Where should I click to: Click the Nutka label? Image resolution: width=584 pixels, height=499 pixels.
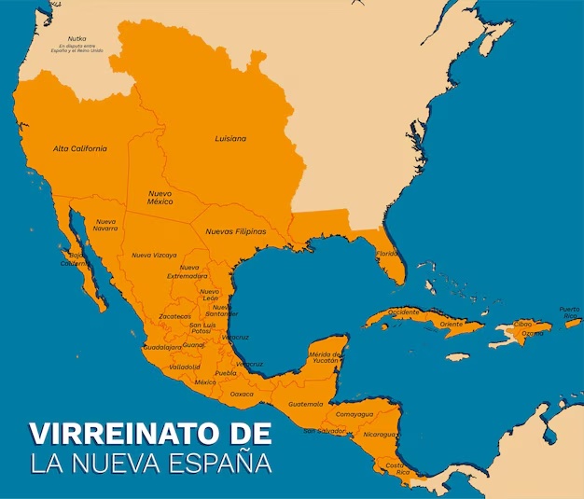76,38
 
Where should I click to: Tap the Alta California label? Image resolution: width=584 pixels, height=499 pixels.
79,148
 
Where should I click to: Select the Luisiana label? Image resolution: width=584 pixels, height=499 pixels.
230,138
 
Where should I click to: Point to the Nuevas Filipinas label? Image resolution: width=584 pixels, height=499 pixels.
235,231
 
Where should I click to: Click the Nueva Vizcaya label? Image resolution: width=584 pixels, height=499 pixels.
154,255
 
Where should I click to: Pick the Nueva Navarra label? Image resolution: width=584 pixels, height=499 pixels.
105,225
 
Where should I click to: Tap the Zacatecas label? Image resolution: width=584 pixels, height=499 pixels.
174,316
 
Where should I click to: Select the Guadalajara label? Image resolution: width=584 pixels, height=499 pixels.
162,347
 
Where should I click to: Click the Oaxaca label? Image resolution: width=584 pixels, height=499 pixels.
242,394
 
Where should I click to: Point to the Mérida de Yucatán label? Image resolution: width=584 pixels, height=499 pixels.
327,357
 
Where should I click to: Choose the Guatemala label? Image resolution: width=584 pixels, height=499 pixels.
306,404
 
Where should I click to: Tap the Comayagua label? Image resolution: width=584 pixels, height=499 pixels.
355,414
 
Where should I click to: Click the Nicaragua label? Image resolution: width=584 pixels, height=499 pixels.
380,434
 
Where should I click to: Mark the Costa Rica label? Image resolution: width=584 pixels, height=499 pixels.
396,468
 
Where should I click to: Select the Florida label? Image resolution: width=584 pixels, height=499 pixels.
387,253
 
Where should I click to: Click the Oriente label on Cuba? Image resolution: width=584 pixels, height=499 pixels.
452,324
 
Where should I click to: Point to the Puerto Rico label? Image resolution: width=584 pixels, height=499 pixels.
569,312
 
